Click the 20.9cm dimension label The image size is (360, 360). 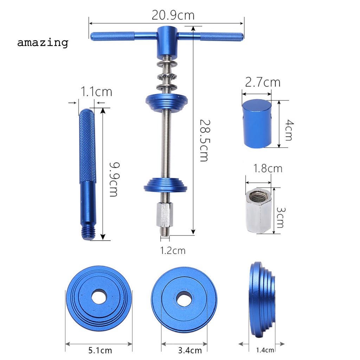[173, 15]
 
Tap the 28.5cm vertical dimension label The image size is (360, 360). [205, 140]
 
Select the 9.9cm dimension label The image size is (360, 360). [114, 179]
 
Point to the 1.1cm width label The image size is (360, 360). [96, 92]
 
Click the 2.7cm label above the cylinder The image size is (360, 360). [263, 82]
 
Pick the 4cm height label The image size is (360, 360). [289, 130]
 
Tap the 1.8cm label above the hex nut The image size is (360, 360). [268, 168]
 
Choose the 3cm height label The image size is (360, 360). [280, 218]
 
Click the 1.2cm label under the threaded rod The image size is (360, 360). [173, 250]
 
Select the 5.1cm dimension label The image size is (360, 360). [100, 351]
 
